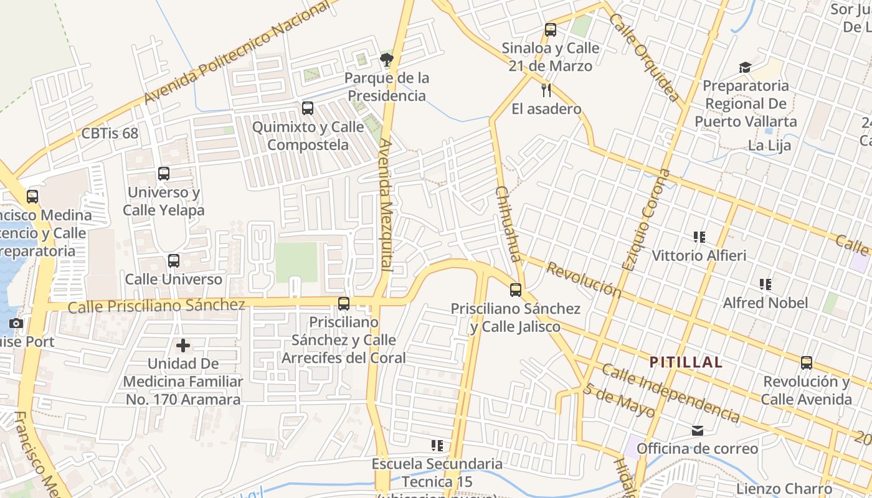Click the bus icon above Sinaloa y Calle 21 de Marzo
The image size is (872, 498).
[x=550, y=29]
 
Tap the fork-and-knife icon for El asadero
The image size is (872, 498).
[x=546, y=90]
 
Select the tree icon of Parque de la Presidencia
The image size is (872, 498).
[x=387, y=60]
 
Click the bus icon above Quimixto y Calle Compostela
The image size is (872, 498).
[x=308, y=108]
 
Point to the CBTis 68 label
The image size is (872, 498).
[x=110, y=133]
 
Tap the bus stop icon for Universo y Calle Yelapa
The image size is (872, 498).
[x=164, y=174]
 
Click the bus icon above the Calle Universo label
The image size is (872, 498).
[x=174, y=261]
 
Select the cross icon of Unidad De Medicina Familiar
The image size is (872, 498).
[x=183, y=345]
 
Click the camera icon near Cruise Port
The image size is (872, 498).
[x=16, y=323]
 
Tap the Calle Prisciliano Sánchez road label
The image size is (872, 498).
[x=156, y=306]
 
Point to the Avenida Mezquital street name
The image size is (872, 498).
[x=386, y=204]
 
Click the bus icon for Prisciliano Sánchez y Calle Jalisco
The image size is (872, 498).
[x=516, y=289]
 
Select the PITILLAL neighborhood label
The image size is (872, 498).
[x=686, y=362]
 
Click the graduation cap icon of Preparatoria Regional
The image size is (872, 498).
[x=745, y=67]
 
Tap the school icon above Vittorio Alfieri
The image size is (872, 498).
[x=699, y=237]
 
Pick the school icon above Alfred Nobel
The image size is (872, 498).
[x=765, y=284]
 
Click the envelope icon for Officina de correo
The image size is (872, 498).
[x=697, y=430]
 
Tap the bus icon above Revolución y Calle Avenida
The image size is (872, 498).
[x=807, y=363]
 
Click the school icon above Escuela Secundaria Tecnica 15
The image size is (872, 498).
[x=437, y=445]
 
